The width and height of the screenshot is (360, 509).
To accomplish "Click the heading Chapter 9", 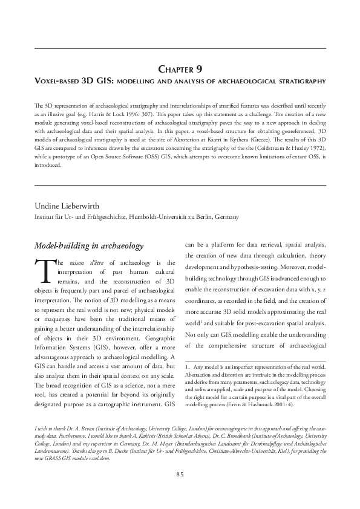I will coord(180,68).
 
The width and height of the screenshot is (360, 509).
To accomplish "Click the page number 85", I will coord(180,474).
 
